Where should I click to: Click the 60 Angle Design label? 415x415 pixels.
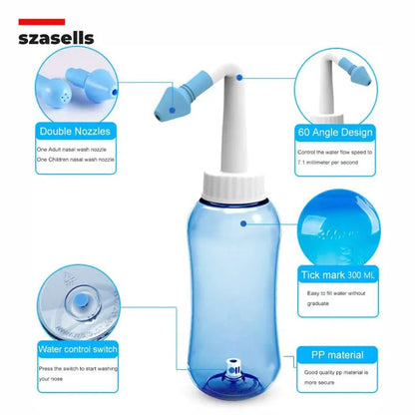(335, 131)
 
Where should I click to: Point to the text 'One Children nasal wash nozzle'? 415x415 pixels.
(76, 159)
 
